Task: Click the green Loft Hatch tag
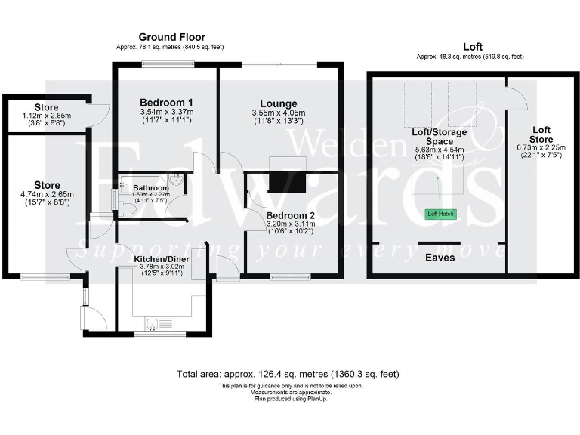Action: (x=440, y=214)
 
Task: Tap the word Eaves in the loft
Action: (x=439, y=258)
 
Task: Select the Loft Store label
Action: (x=541, y=134)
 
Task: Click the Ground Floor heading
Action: (x=171, y=37)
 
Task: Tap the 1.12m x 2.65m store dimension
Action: (x=46, y=116)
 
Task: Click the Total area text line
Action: (x=288, y=374)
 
